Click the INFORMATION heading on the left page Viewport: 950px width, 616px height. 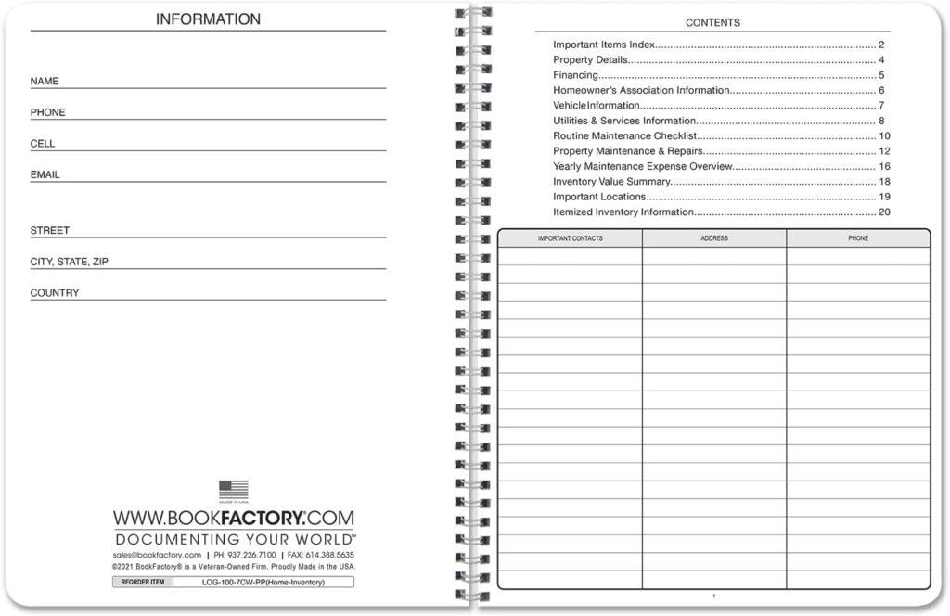click(x=208, y=19)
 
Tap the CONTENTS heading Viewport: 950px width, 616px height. click(x=712, y=22)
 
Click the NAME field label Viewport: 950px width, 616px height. click(x=45, y=82)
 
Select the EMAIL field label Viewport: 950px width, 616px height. click(x=45, y=174)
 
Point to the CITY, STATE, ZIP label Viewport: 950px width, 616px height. click(x=70, y=262)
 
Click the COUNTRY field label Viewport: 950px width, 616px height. click(x=55, y=293)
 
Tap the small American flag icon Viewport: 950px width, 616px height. click(x=234, y=489)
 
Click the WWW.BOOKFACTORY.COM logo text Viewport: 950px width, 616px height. click(x=234, y=518)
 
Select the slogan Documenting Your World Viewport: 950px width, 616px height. click(x=234, y=539)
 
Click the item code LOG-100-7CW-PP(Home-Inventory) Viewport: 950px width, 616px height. click(x=263, y=582)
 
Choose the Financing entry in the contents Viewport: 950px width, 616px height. click(x=575, y=75)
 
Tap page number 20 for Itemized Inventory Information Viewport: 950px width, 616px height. click(x=884, y=212)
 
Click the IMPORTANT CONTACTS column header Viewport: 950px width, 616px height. click(x=571, y=238)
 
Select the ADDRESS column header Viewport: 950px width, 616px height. click(x=714, y=238)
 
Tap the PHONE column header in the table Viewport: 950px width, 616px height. click(x=858, y=238)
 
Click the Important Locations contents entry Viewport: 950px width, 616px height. click(x=599, y=197)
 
